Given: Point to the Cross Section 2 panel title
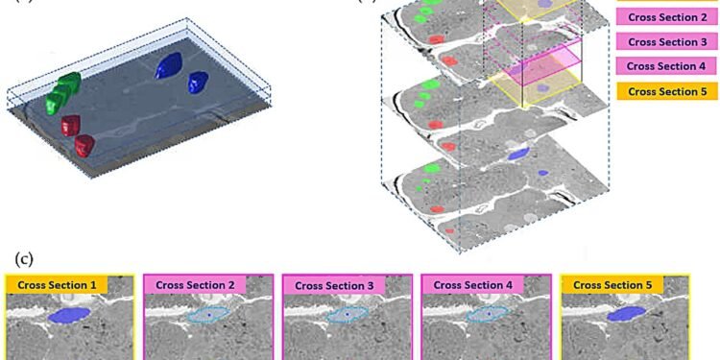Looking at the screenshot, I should tap(195, 285).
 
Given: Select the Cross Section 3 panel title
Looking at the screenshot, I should tap(333, 285).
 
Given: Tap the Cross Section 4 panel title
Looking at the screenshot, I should tap(471, 285).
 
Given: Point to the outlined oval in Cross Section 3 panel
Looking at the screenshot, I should tap(347, 315).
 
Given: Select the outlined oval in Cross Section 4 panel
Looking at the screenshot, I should tap(487, 314).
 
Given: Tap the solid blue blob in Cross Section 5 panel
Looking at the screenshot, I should tap(625, 314).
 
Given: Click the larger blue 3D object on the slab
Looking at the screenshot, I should tap(169, 65).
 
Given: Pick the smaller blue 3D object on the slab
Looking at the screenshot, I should tap(198, 82).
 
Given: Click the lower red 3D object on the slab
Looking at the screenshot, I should tap(84, 144).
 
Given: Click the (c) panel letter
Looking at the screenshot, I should tap(22, 258).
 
